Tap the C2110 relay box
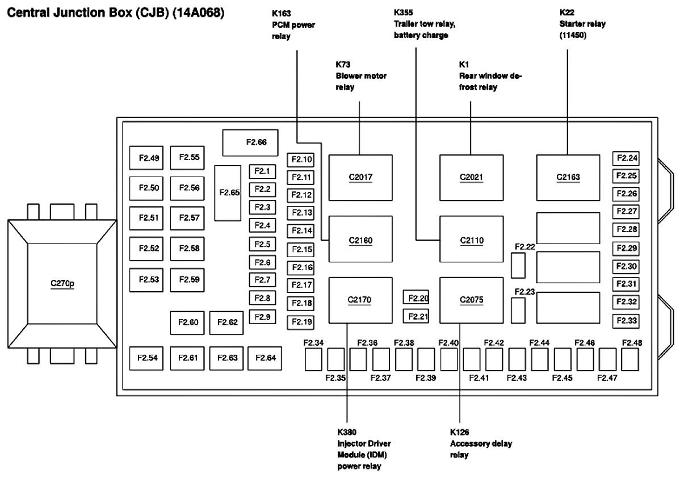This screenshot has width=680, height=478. coord(472,240)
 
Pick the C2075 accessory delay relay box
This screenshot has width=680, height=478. coord(472,300)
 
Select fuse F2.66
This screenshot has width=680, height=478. coord(250,142)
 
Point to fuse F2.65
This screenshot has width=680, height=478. coord(227,193)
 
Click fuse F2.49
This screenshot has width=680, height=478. coord(148,158)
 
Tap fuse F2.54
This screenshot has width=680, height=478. coord(148,358)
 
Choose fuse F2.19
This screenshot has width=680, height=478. coord(301,322)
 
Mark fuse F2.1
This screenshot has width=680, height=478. coord(262,171)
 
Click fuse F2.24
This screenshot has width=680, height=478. coord(626,158)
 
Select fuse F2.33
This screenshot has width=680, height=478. coord(626,321)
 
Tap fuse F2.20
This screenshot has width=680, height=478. coord(417,297)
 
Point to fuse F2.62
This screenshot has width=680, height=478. coord(226,322)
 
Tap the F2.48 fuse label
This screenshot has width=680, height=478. coord(632,343)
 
